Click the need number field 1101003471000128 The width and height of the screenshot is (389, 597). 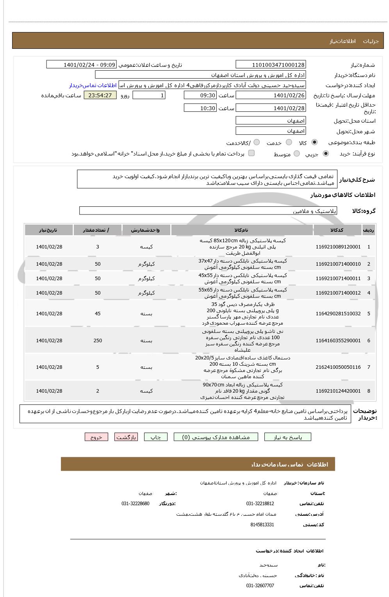(x=271, y=65)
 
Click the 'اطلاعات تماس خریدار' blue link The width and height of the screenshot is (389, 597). (x=93, y=85)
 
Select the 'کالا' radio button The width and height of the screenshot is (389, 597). (x=315, y=143)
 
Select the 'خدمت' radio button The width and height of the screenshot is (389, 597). (x=289, y=143)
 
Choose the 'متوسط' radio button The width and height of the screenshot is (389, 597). (x=297, y=154)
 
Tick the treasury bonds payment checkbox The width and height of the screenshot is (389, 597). (x=252, y=153)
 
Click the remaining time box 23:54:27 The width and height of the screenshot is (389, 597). (x=100, y=95)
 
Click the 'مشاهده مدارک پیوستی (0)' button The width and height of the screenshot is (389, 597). (x=216, y=437)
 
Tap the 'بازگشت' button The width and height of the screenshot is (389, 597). (x=126, y=437)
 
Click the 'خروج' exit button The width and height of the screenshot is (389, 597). (x=96, y=437)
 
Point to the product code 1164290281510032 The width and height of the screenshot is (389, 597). (x=338, y=314)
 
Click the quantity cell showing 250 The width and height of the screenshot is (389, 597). (x=98, y=341)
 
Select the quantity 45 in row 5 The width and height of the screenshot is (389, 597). (x=98, y=314)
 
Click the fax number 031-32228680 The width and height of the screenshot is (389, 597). (x=135, y=504)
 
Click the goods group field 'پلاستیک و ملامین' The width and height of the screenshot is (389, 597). (x=208, y=211)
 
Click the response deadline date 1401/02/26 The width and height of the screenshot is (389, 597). (x=271, y=95)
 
